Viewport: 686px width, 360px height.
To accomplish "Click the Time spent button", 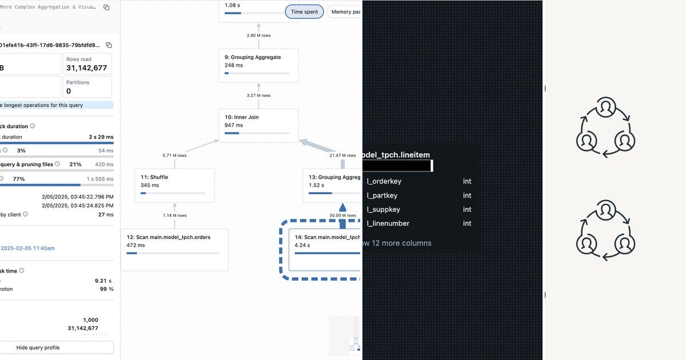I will tap(304, 12).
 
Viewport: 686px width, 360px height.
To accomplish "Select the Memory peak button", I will tap(345, 12).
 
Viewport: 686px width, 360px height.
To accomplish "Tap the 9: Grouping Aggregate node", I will tap(258, 65).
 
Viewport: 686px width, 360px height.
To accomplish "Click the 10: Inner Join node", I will tap(258, 125).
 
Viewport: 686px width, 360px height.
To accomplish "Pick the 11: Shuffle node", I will tap(174, 185).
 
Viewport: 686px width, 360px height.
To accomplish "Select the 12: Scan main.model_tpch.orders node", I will tap(174, 249).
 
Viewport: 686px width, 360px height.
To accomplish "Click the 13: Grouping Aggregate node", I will tap(332, 185).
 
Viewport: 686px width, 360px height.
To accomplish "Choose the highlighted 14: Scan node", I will tap(324, 249).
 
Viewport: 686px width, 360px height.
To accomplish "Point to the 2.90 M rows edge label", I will tap(258, 35).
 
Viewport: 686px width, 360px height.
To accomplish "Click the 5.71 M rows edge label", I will tap(175, 155).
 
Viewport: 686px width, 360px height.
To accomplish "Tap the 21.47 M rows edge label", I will tap(342, 155).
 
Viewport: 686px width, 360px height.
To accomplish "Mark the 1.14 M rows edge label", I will tap(175, 215).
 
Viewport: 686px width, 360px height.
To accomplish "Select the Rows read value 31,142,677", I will tap(86, 68).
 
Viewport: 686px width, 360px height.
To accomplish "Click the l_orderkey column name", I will tap(384, 181).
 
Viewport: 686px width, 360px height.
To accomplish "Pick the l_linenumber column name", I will tap(388, 223).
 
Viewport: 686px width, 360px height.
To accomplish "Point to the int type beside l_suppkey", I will tap(467, 209).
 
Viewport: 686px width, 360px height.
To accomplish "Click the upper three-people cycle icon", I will tap(605, 127).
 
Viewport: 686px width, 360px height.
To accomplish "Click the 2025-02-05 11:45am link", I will tap(27, 248).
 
